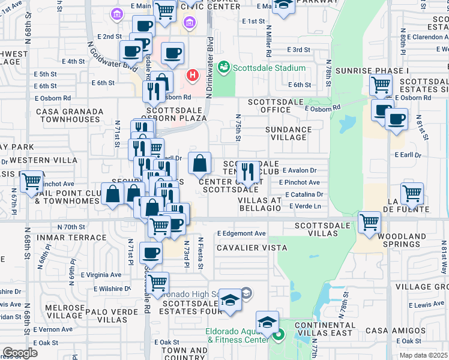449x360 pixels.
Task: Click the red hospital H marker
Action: pyautogui.click(x=192, y=75)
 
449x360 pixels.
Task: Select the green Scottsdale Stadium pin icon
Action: pyautogui.click(x=224, y=65)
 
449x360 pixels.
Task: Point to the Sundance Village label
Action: pyautogui.click(x=289, y=133)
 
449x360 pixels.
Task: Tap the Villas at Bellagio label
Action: pyautogui.click(x=259, y=204)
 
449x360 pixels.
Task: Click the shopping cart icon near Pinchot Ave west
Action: pyautogui.click(x=32, y=181)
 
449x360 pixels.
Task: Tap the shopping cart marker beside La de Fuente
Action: pyautogui.click(x=412, y=193)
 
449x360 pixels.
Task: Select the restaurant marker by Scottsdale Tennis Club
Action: pyautogui.click(x=248, y=171)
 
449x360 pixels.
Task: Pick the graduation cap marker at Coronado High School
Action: pyautogui.click(x=230, y=300)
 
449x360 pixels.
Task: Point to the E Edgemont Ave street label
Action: pyautogui.click(x=241, y=233)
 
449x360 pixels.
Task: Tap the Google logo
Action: pyautogui.click(x=20, y=353)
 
